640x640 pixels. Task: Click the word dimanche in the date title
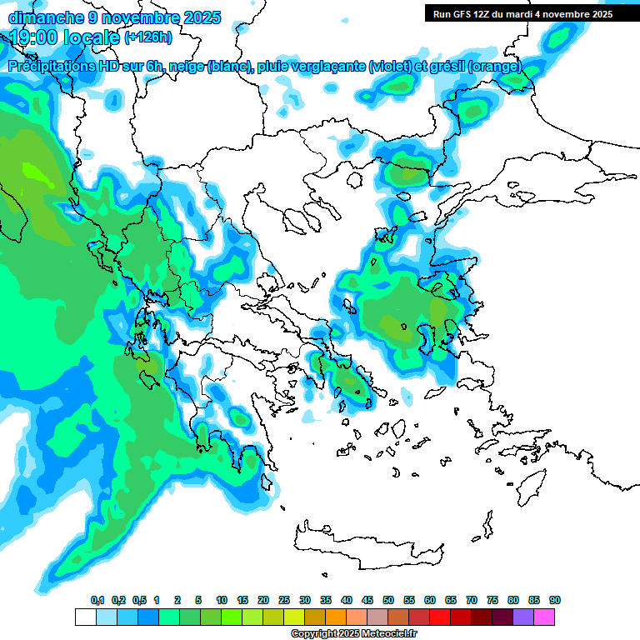point(42,17)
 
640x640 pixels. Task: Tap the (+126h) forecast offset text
point(147,37)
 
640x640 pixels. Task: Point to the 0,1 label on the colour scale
point(97,601)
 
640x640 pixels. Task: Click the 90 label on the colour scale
point(555,601)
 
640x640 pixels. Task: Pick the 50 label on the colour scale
point(388,601)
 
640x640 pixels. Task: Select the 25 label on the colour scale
point(284,601)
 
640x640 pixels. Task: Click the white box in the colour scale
point(85,617)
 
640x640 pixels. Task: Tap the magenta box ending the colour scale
point(544,617)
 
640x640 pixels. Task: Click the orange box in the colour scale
point(336,617)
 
